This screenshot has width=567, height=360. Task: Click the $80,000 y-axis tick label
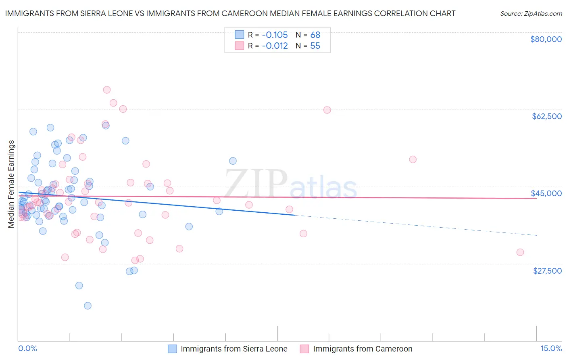[x=546, y=39]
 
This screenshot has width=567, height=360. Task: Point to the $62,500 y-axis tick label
[x=547, y=116]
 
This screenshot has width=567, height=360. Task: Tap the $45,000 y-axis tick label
[x=546, y=193]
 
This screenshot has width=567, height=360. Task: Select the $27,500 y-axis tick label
[x=547, y=271]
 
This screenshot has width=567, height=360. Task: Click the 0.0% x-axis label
[x=27, y=349]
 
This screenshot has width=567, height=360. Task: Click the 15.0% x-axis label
[x=551, y=349]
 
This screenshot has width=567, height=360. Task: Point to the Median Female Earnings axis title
[x=11, y=184]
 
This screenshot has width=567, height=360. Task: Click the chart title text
[x=230, y=13]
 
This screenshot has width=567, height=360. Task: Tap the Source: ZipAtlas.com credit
[x=531, y=14]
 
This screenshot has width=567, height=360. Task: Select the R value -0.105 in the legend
[x=275, y=35]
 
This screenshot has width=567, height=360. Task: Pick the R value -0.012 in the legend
[x=275, y=46]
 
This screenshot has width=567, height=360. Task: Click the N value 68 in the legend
[x=315, y=35]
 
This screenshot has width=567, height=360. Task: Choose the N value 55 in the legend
[x=315, y=46]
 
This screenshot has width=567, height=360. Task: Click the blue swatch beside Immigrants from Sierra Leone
[x=172, y=349]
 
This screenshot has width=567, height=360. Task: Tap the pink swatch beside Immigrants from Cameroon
[x=304, y=349]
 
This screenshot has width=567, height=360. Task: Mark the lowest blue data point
[x=88, y=306]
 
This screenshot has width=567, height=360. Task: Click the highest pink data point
[x=107, y=90]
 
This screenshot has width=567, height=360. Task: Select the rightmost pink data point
[x=520, y=252]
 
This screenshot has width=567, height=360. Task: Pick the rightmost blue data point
[x=233, y=161]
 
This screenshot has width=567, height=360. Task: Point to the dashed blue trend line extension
[x=415, y=225]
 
